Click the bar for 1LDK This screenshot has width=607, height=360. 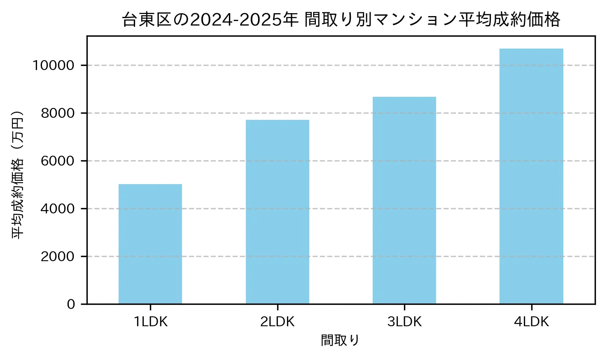coord(150,244)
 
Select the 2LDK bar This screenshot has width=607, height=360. coord(278,212)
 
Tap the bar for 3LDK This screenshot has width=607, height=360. coord(404,200)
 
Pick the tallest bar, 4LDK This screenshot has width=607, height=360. coord(531,176)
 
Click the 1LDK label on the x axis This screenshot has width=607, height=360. coord(150,322)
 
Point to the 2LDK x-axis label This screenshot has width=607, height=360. coord(278,322)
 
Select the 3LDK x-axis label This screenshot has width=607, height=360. coord(404,322)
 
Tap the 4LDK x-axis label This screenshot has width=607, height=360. coord(531,322)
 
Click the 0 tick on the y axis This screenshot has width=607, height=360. coord(71,304)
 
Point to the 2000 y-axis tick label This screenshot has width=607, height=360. coord(58,257)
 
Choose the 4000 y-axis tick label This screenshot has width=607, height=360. coord(58,209)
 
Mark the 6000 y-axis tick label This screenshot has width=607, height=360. coord(58,161)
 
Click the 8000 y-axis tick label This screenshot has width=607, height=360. coord(58,113)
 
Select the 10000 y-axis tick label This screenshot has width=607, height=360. coord(54,65)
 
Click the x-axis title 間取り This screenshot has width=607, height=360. coord(340,341)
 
